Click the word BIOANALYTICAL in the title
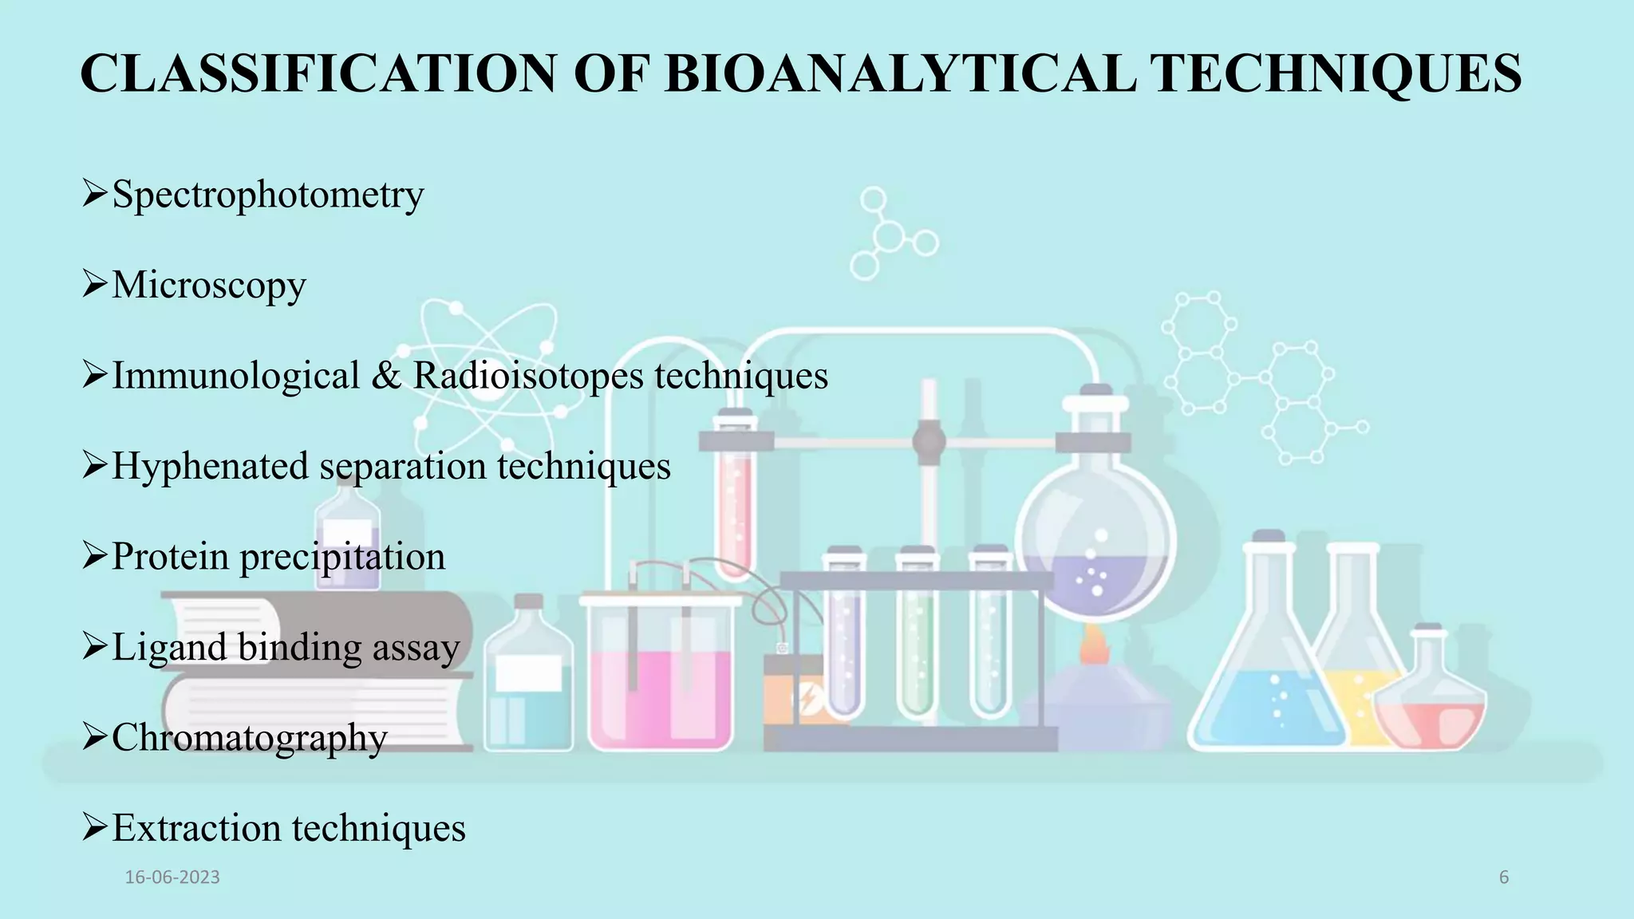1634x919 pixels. [900, 73]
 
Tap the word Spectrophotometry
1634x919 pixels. [268, 195]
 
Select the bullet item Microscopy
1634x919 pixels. [209, 286]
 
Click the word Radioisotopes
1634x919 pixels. [527, 376]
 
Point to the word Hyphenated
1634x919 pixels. [210, 467]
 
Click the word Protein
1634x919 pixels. [170, 557]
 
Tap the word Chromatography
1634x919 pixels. [250, 739]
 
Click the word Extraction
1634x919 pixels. [195, 828]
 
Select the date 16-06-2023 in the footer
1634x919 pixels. [172, 878]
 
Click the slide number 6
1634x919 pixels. [1504, 878]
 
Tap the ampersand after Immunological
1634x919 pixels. [386, 376]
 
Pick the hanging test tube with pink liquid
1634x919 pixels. [735, 503]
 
